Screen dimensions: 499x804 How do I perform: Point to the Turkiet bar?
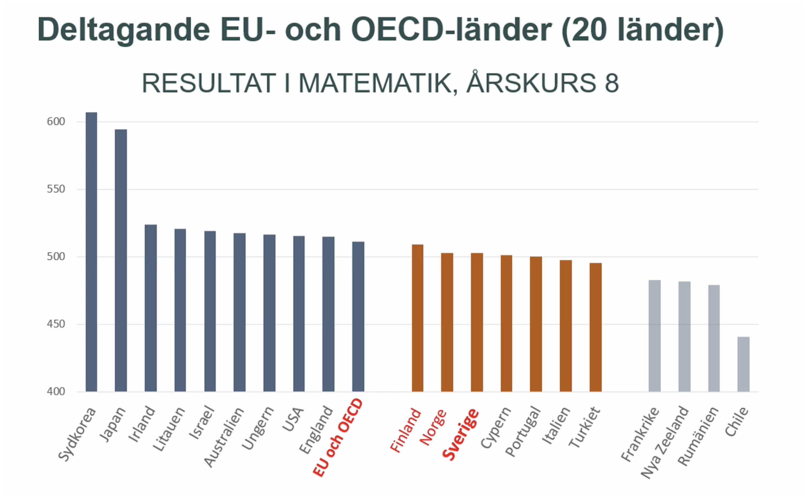[x=595, y=327]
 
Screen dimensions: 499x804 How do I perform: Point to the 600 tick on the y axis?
[x=56, y=122]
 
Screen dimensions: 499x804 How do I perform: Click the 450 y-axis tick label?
[x=56, y=324]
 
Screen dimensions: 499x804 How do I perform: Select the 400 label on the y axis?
[x=56, y=391]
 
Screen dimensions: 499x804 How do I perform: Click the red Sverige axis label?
[x=461, y=434]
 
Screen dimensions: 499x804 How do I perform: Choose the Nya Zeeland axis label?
[x=664, y=442]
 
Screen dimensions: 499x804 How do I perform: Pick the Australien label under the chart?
[x=224, y=437]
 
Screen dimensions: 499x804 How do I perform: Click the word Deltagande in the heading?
[x=124, y=30]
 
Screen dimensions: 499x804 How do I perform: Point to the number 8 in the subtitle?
[x=612, y=83]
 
